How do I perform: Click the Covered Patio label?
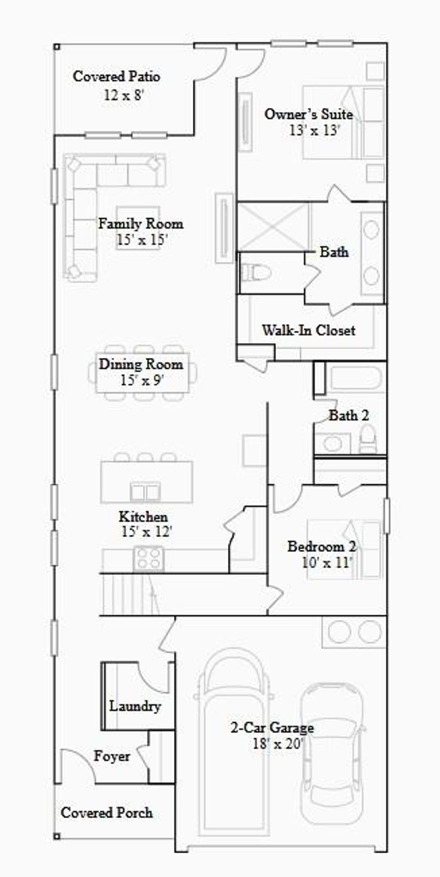116,77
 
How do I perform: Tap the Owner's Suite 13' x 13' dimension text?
315,130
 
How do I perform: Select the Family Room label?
140,224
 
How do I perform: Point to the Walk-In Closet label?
308,330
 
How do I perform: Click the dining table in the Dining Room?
142,373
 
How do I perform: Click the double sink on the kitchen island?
145,491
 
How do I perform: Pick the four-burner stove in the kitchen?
148,558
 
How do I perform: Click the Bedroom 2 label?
321,546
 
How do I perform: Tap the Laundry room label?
135,706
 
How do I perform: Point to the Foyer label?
112,756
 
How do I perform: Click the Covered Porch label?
106,813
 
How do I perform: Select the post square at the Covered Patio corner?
57,47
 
